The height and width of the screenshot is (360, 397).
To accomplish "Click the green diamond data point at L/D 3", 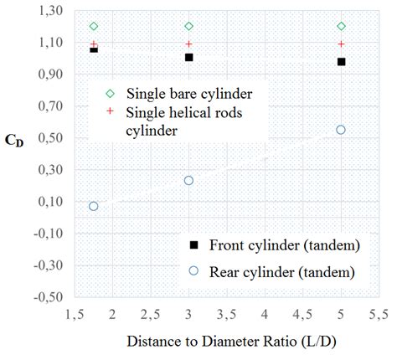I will pyautogui.click(x=189, y=27).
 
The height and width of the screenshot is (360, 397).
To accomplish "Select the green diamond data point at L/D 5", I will pyautogui.click(x=341, y=27).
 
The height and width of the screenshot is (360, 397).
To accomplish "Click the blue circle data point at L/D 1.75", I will pyautogui.click(x=94, y=206).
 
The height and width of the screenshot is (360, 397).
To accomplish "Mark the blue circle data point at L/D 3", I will pyautogui.click(x=189, y=181).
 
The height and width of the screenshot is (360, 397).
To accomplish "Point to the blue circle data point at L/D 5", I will pyautogui.click(x=341, y=130).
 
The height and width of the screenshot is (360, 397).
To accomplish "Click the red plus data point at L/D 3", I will pyautogui.click(x=189, y=44).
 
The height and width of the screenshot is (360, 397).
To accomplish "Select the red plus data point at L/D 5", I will pyautogui.click(x=341, y=44).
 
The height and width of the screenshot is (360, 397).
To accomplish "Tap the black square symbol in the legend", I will pyautogui.click(x=194, y=244).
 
